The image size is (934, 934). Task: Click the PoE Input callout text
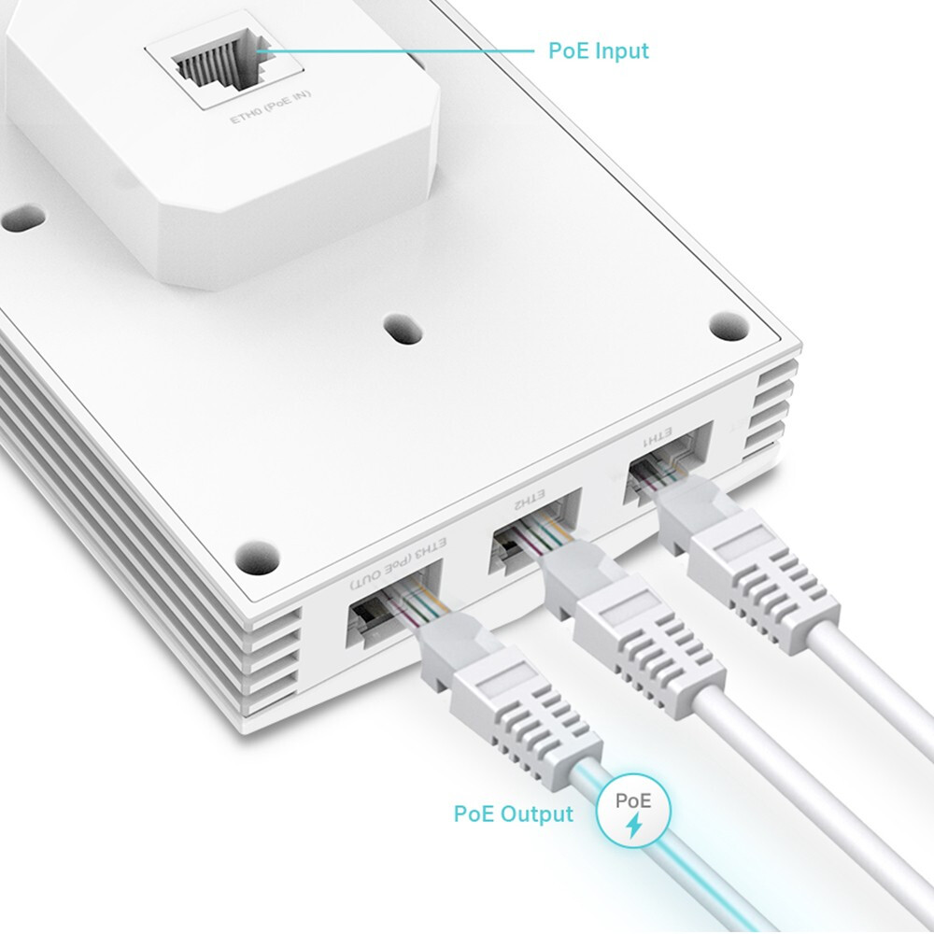598,50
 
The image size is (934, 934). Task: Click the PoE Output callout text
513,814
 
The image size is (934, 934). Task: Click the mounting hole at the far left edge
21,222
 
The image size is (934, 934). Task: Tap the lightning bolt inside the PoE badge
634,825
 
